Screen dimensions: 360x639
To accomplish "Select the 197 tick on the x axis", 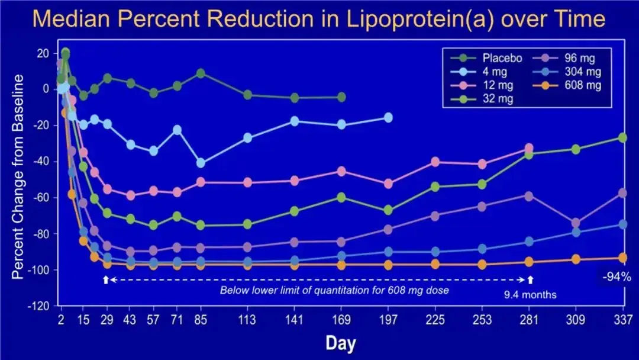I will (x=388, y=320).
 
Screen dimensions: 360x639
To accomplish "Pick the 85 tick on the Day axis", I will (x=200, y=320).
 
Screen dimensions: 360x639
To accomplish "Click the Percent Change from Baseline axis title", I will (x=20, y=178).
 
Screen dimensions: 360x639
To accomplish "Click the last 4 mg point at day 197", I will (x=388, y=118).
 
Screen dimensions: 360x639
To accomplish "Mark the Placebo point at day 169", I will (x=341, y=97).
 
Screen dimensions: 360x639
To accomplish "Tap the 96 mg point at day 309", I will (x=576, y=223).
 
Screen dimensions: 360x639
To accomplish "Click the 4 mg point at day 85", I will (x=201, y=163).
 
